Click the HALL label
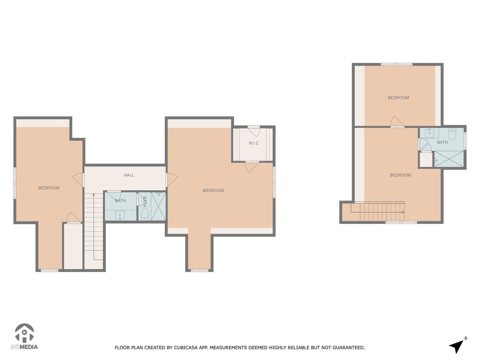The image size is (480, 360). point(129,175)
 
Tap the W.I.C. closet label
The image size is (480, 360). point(254,143)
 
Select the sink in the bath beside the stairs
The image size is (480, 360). point(120,215)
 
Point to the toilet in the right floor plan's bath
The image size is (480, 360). point(453,134)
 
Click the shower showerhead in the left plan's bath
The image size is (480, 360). point(159,194)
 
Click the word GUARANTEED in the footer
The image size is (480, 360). point(348,348)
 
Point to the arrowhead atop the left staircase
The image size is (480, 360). point(93,195)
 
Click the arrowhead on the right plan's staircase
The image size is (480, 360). point(403,212)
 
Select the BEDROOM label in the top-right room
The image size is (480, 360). point(398,97)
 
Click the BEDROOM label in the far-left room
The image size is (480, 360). point(49,188)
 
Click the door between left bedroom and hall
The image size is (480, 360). point(79,180)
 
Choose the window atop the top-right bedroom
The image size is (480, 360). point(397,64)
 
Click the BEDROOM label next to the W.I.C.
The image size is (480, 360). point(213,190)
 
